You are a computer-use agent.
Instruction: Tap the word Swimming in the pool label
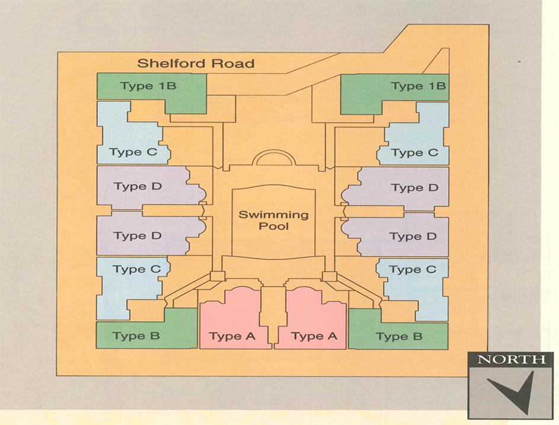point(273,214)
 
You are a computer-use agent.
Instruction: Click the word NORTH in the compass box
point(511,359)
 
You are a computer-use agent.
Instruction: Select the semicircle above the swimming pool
point(273,159)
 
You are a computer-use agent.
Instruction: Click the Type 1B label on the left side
point(148,86)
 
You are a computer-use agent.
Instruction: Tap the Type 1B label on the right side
point(418,87)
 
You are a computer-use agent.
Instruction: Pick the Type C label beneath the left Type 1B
point(133,152)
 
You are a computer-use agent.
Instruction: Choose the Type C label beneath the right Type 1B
point(414,153)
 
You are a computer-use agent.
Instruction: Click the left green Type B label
point(136,336)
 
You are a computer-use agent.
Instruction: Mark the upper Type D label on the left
point(138,187)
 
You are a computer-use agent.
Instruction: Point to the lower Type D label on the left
point(137,236)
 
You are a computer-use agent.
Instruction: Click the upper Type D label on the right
point(414,188)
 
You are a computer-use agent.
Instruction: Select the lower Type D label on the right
point(413,237)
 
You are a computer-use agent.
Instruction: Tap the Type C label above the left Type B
point(137,269)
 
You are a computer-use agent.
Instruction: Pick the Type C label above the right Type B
point(412,270)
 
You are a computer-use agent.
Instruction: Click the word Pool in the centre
point(274,226)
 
